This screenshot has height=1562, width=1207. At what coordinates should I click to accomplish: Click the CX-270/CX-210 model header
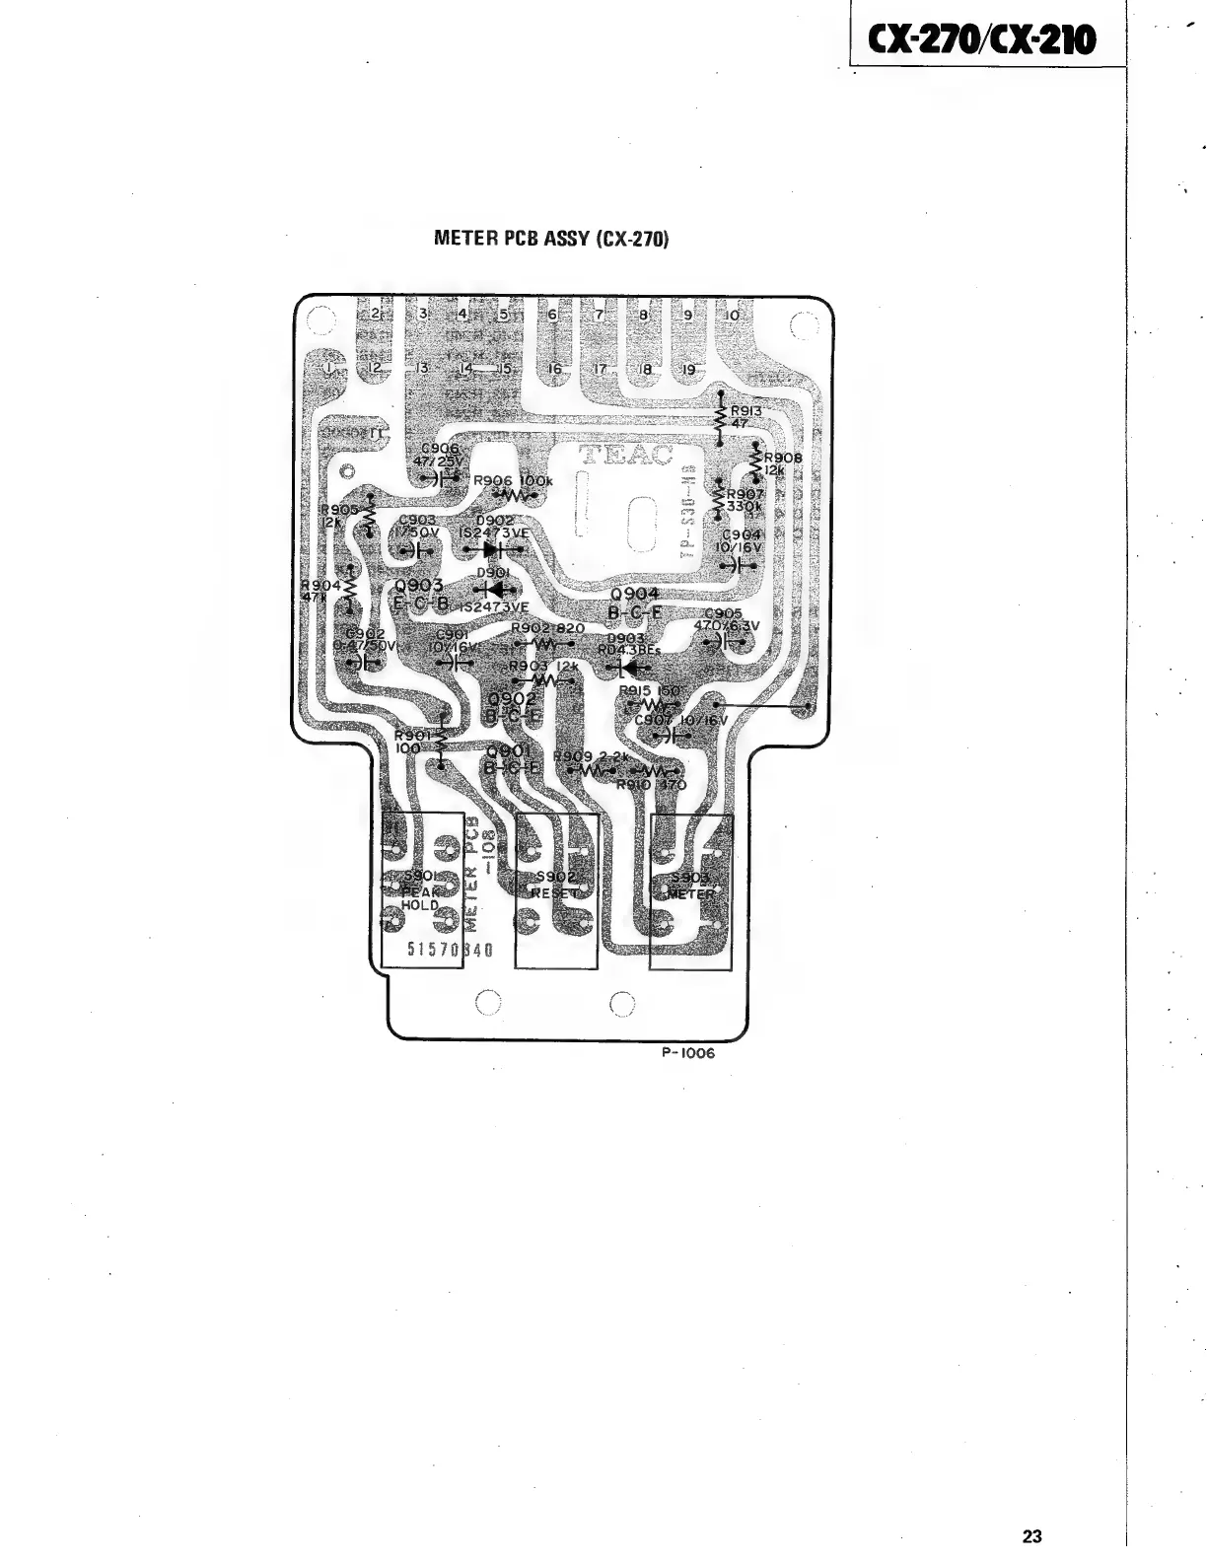(981, 39)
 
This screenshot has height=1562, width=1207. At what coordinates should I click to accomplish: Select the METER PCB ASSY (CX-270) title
(551, 239)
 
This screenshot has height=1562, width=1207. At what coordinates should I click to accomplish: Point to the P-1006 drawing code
(687, 1052)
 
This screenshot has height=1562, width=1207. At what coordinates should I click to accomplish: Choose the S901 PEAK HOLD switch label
(419, 890)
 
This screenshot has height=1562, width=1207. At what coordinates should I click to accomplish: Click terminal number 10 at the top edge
(732, 315)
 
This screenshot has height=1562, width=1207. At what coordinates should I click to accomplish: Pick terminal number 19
(689, 370)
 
